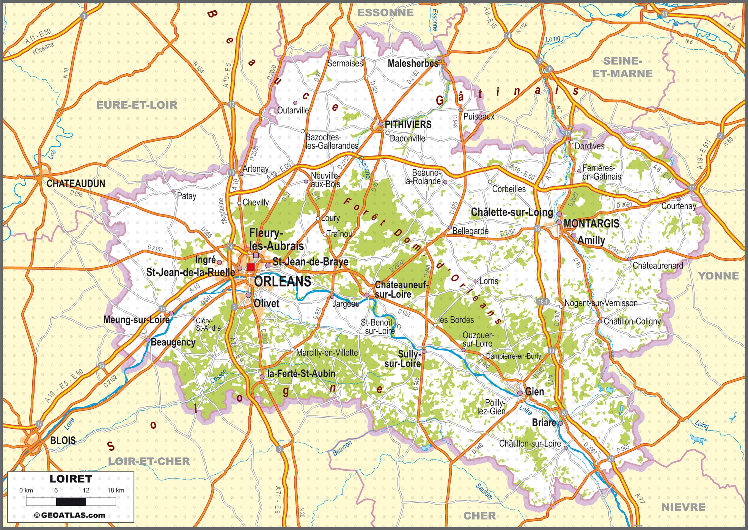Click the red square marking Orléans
250,267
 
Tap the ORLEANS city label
282,281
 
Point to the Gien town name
534,392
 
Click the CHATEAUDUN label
76,183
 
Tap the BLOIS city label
63,440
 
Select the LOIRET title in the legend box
71,479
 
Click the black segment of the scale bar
71,501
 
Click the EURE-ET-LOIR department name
137,105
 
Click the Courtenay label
678,206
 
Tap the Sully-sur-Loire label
403,359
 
